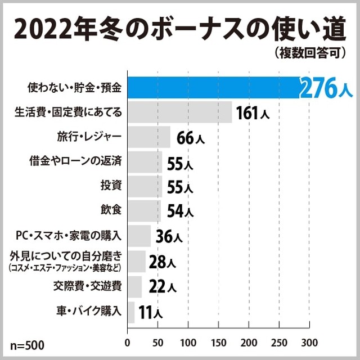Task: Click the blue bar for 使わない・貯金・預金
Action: pyautogui.click(x=214, y=87)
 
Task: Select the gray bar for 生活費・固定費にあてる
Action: pyautogui.click(x=180, y=112)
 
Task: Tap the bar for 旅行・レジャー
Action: pyautogui.click(x=149, y=137)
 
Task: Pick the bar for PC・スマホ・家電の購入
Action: pyautogui.click(x=139, y=236)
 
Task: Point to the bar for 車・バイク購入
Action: pyautogui.click(x=132, y=312)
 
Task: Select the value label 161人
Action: pyautogui.click(x=253, y=112)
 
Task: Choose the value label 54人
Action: pyautogui.click(x=180, y=211)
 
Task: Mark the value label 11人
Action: pyautogui.click(x=150, y=312)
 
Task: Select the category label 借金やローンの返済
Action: pyautogui.click(x=75, y=161)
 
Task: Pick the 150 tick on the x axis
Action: pyautogui.click(x=218, y=342)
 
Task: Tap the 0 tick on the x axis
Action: pyautogui.click(x=128, y=342)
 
